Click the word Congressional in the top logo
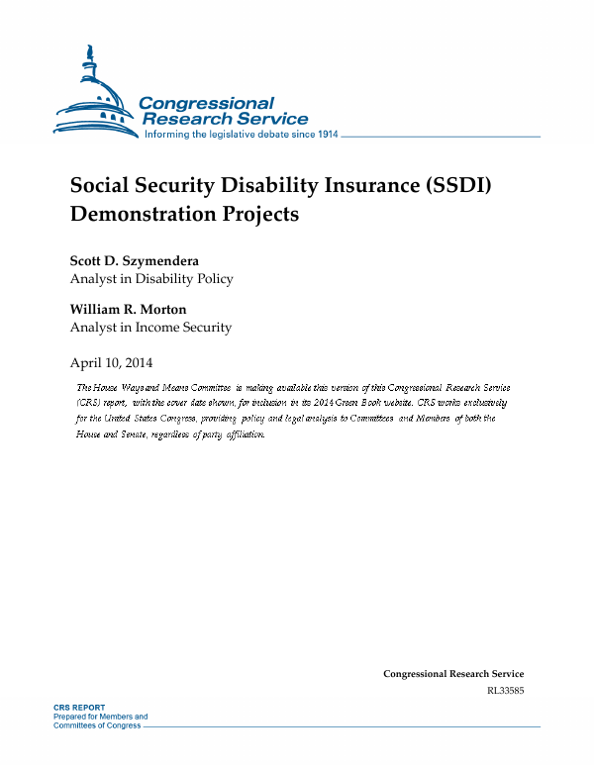click(206, 103)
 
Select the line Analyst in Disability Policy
click(151, 279)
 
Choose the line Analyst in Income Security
click(150, 328)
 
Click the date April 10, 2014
click(111, 362)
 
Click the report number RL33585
click(505, 690)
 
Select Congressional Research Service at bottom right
click(453, 674)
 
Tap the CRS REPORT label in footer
click(79, 709)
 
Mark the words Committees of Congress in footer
click(97, 725)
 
